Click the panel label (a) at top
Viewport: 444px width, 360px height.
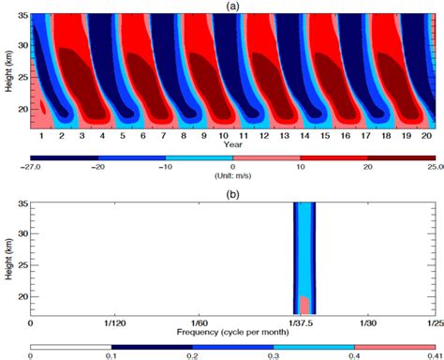tap(236, 6)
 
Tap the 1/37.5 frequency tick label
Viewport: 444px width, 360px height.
tap(305, 322)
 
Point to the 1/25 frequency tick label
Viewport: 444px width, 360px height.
tap(433, 322)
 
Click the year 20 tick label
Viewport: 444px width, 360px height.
tap(426, 137)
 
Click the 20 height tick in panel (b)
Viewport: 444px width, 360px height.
tap(22, 296)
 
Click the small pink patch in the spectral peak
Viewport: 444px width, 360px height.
tap(304, 305)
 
